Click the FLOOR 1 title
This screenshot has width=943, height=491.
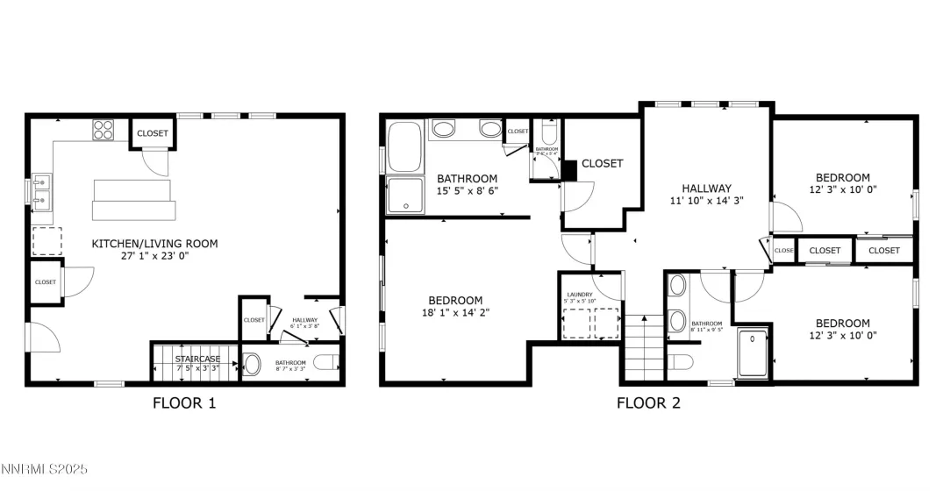(x=184, y=403)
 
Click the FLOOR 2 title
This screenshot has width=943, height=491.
(x=648, y=403)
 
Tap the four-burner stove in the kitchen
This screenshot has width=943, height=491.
(x=104, y=130)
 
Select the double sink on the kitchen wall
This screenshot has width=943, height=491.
(x=40, y=193)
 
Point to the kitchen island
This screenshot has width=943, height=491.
(x=134, y=201)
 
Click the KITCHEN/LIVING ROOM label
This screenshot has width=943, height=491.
(x=154, y=244)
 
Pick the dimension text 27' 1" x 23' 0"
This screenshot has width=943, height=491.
(x=154, y=258)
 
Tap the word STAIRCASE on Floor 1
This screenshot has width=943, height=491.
(x=196, y=359)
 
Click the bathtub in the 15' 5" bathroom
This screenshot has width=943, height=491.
(x=404, y=146)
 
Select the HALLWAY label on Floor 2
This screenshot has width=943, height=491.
(x=707, y=188)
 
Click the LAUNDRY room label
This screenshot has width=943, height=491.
(x=580, y=295)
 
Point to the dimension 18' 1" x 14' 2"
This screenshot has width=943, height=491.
(x=457, y=313)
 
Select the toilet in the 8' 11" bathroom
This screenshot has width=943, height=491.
(x=680, y=362)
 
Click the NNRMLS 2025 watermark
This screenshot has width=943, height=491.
(x=45, y=471)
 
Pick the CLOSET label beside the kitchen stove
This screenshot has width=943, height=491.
(x=153, y=133)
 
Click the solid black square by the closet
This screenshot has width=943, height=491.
(x=568, y=170)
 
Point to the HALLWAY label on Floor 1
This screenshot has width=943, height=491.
(x=304, y=321)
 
